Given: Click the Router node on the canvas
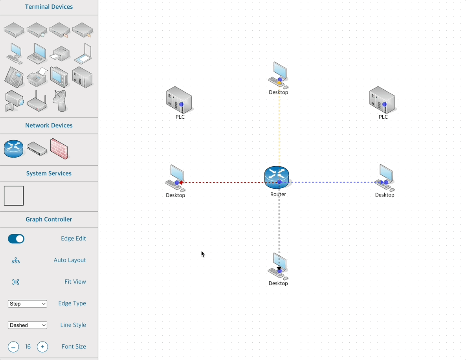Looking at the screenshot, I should pos(277,176).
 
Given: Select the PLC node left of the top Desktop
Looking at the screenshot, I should pos(179,100).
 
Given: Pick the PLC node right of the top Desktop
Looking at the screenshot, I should pos(382,100).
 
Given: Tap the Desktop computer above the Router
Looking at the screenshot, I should pos(279,74).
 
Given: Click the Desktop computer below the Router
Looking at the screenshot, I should pos(278,265).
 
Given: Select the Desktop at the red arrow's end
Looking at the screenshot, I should pos(175,178).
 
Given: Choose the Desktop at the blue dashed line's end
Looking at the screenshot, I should pos(385,178).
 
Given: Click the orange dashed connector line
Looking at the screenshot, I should pos(279,126).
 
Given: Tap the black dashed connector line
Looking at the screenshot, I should pos(279,228).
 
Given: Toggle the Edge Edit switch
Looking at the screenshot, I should pos(16,239).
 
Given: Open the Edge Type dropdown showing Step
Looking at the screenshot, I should pos(28,304).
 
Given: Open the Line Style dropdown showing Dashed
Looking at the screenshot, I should pos(28,325).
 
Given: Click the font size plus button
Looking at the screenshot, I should pos(42,347).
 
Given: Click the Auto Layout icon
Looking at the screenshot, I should pos(16,261).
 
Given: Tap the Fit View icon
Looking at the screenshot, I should pos(16,282).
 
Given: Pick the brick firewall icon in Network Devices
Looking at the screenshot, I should pos(59,149).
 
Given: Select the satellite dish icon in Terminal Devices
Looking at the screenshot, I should pos(60,101).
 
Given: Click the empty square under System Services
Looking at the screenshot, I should pos(14,196).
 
